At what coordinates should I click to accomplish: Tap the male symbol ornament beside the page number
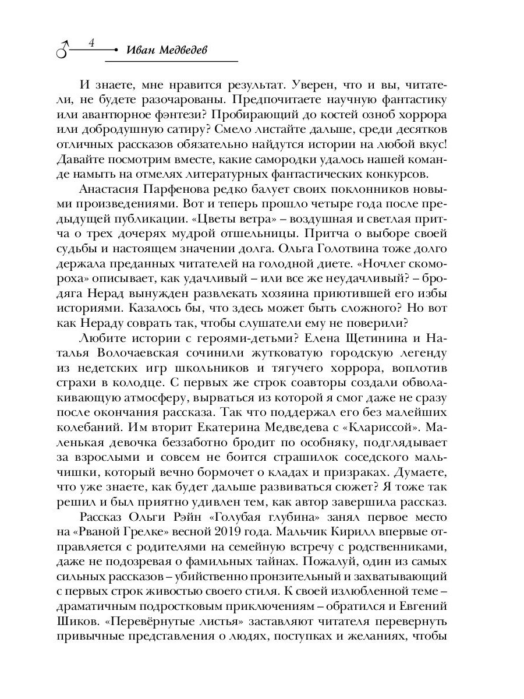coord(63,50)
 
